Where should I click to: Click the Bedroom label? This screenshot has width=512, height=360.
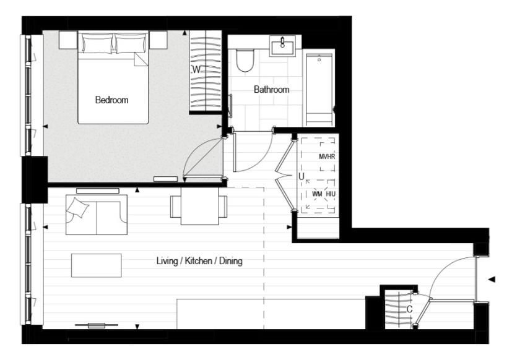pyautogui.click(x=111, y=100)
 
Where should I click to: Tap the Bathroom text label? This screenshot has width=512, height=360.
pyautogui.click(x=271, y=90)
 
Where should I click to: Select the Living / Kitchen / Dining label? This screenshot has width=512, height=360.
pyautogui.click(x=199, y=262)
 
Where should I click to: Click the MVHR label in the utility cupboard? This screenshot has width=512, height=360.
pyautogui.click(x=326, y=157)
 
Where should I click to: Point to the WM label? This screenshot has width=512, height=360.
pyautogui.click(x=317, y=194)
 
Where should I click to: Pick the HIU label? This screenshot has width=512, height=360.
pyautogui.click(x=331, y=194)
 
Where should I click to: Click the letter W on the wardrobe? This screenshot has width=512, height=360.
pyautogui.click(x=196, y=70)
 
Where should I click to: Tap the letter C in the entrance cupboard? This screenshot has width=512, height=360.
pyautogui.click(x=409, y=309)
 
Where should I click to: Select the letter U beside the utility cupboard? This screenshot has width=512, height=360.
pyautogui.click(x=301, y=176)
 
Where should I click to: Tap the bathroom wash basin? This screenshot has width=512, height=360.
pyautogui.click(x=285, y=45)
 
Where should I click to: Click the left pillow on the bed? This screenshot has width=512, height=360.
pyautogui.click(x=97, y=44)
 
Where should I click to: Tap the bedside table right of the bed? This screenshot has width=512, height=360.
pyautogui.click(x=158, y=40)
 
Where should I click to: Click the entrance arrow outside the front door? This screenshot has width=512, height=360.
pyautogui.click(x=492, y=280)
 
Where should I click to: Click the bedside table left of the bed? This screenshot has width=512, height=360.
pyautogui.click(x=67, y=40)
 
